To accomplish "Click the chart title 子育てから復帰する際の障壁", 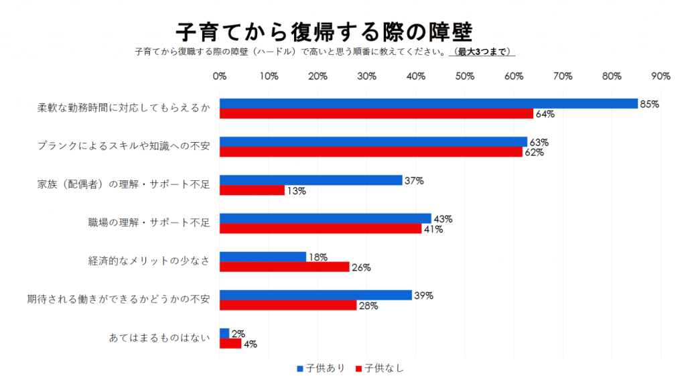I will click(324, 31).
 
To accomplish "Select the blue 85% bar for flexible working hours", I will click(428, 103).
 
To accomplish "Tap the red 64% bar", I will click(376, 113).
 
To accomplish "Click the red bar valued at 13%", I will click(252, 190).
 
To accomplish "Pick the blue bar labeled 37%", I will click(311, 180).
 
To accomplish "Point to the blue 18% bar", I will click(263, 257).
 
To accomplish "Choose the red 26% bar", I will click(284, 267).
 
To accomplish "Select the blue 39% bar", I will click(316, 296).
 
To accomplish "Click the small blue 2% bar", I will click(224, 333).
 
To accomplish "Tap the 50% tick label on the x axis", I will click(465, 76).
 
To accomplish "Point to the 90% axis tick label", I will click(661, 76).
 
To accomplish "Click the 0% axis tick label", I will click(220, 76).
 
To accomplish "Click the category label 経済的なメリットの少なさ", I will click(149, 261).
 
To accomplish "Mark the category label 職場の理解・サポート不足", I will click(149, 223).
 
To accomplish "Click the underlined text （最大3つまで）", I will click(482, 52).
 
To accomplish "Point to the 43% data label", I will click(443, 219).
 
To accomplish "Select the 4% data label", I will click(250, 344).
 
